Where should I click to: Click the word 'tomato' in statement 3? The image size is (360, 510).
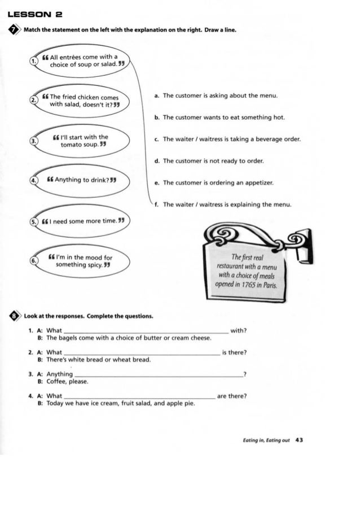pos(72,144)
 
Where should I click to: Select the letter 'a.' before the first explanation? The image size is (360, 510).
pos(156,96)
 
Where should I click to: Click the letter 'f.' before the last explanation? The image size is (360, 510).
pos(156,204)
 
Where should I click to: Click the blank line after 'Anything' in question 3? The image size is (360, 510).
pos(158,375)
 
